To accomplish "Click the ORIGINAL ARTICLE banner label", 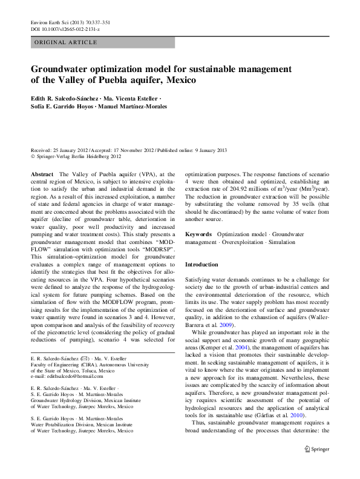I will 66,42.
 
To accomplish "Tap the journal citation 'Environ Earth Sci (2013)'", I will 57,22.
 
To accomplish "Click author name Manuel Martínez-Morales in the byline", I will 136,107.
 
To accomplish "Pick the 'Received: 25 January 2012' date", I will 59,149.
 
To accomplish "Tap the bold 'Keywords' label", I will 198,233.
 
